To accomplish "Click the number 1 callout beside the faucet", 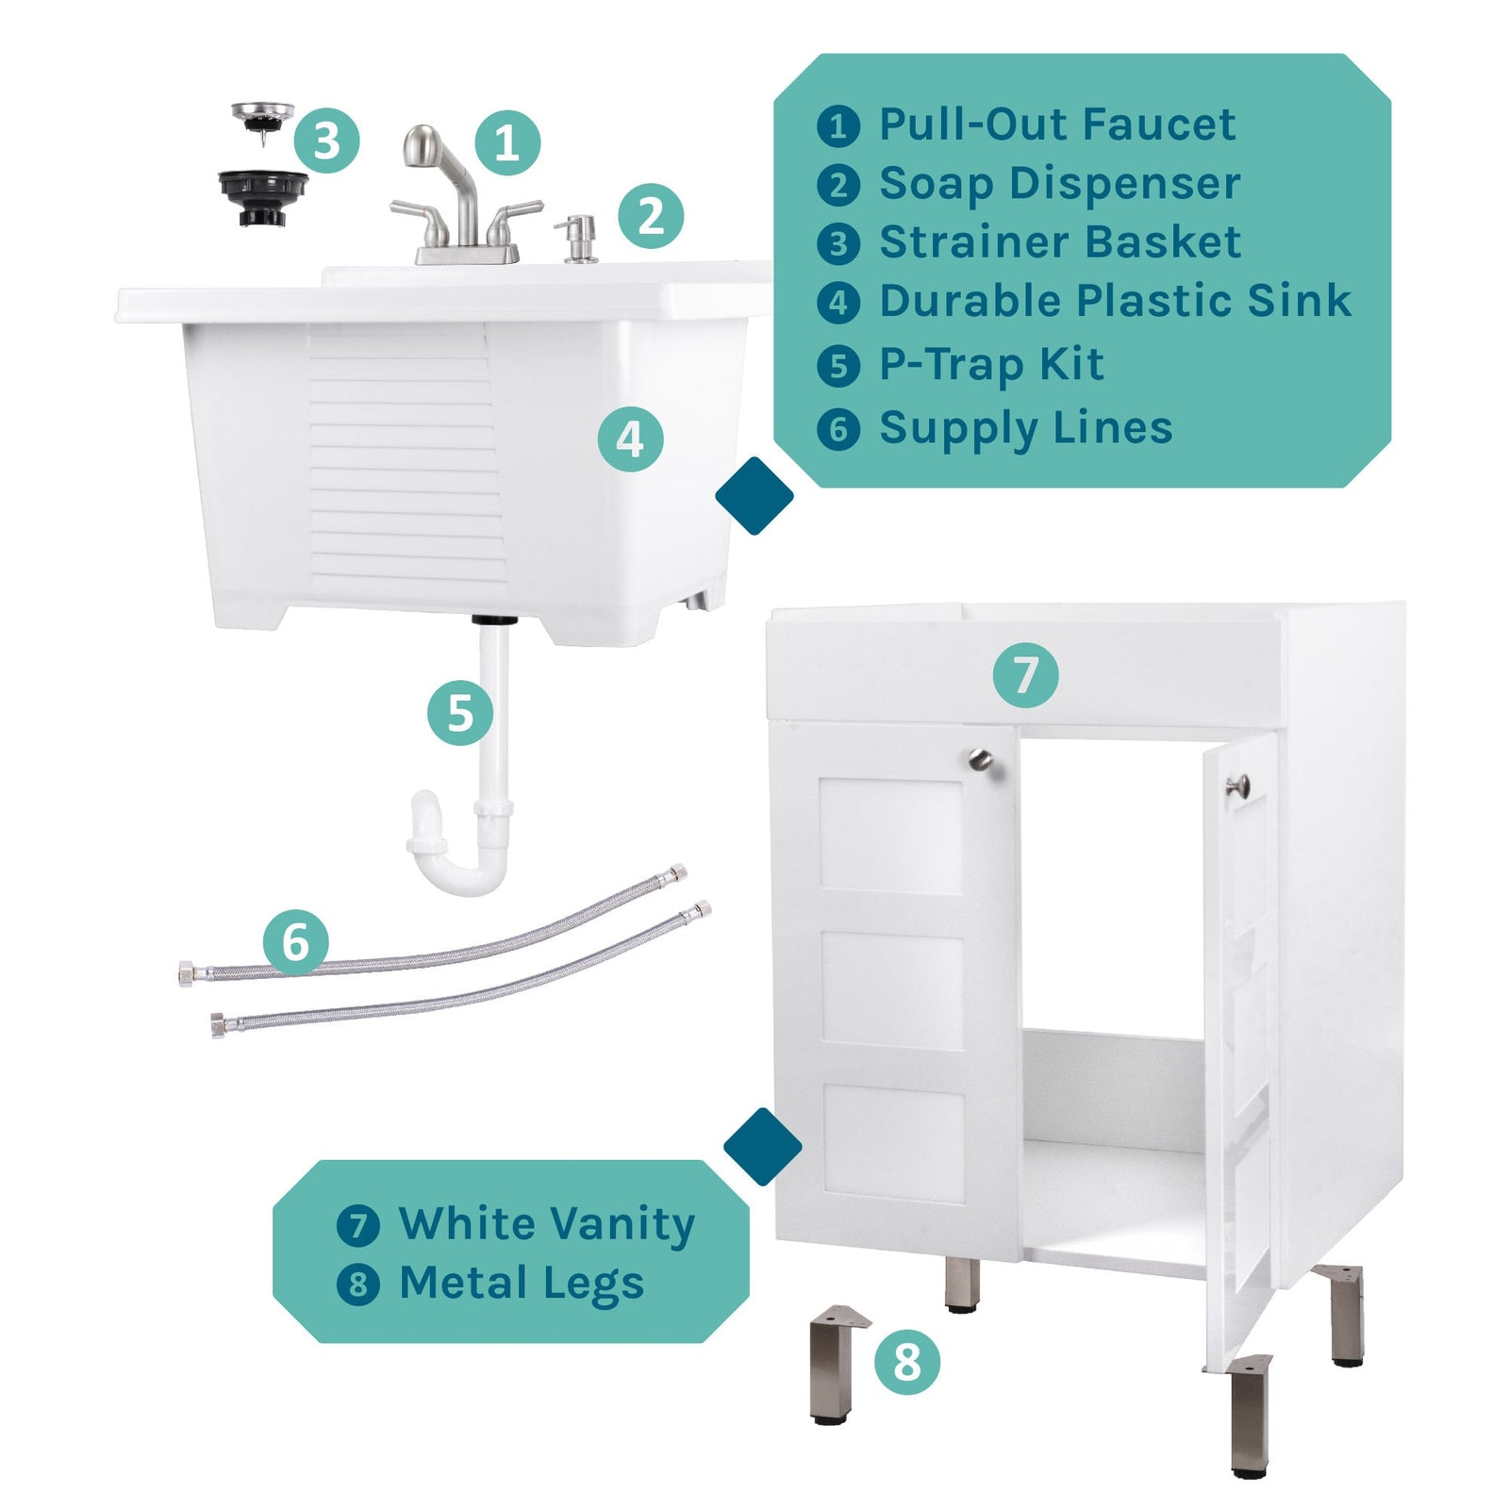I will tap(506, 143).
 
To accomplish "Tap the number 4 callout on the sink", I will tap(630, 439).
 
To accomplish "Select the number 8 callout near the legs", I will tap(906, 1362).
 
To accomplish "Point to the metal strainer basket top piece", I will tap(262, 119).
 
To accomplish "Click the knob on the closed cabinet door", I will tap(982, 758).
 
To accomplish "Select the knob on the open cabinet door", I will tap(1237, 784).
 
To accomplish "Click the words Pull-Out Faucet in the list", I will tap(1056, 124).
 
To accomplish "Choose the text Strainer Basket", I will tap(1059, 242).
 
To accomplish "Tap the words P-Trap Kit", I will tap(990, 364).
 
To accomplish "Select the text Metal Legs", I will tap(521, 1284).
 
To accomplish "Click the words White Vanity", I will tap(546, 1224).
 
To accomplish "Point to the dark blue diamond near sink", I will tap(754, 496).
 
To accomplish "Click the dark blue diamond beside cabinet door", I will tap(762, 1146).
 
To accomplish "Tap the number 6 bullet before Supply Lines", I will tap(837, 429).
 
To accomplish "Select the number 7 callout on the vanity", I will tap(1024, 675).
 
